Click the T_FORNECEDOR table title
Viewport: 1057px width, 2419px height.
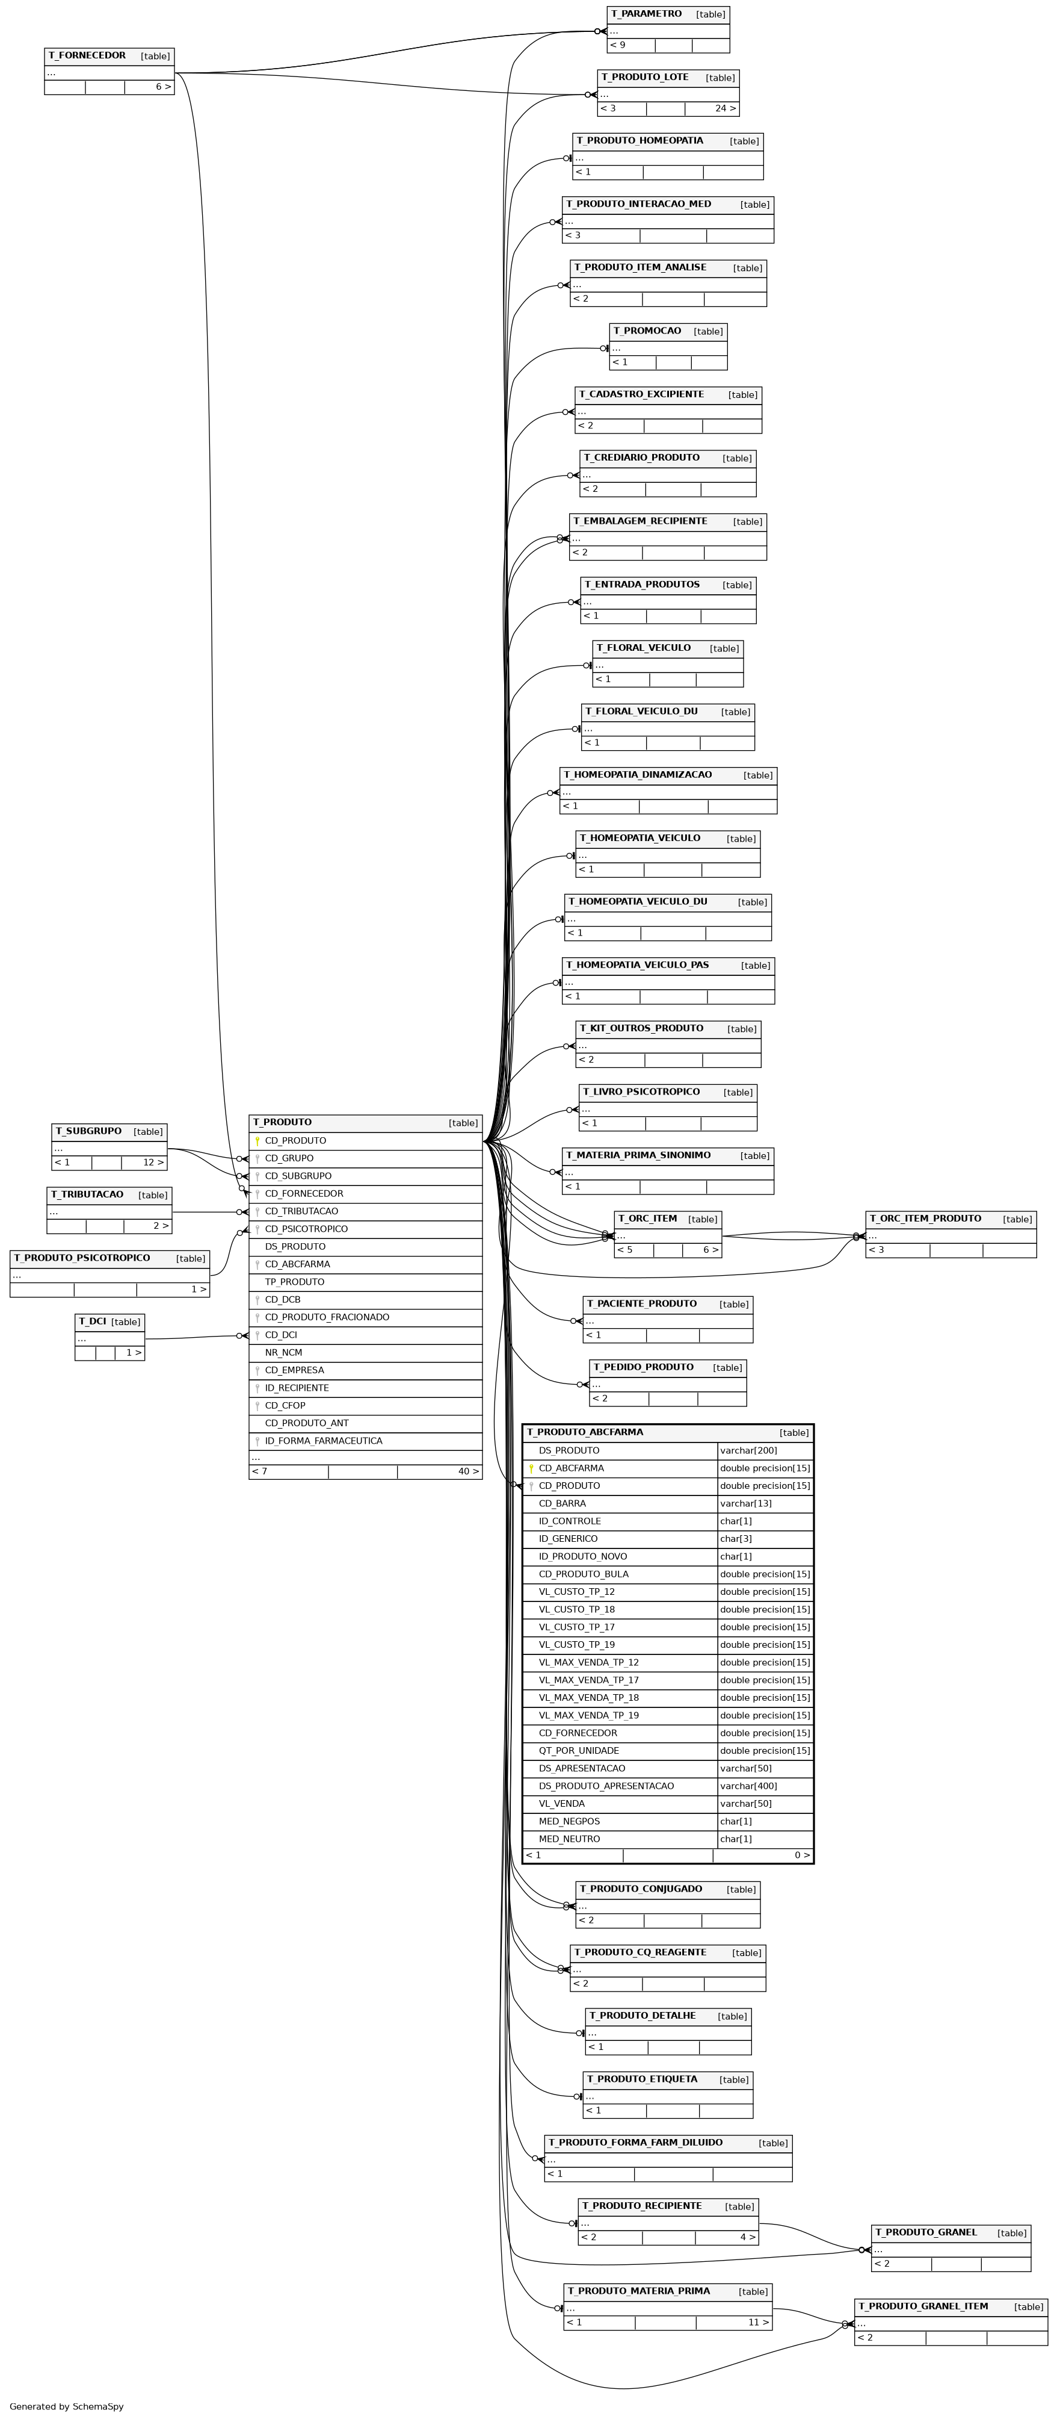[x=87, y=55]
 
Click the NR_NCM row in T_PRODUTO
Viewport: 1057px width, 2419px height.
[x=365, y=1352]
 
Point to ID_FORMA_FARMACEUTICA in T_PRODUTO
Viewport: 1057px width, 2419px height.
[x=323, y=1441]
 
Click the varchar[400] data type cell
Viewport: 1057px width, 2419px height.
[x=749, y=1786]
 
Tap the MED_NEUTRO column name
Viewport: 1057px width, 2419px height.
[x=569, y=1839]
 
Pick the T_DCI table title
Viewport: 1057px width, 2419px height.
[x=92, y=1321]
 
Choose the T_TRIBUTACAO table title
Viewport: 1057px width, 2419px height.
[x=87, y=1194]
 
